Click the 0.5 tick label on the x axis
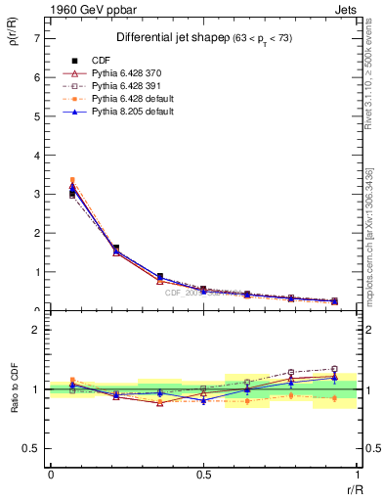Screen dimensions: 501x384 click(x=203, y=475)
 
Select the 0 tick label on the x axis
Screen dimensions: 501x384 click(x=50, y=475)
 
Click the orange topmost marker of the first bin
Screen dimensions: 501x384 click(x=72, y=180)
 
